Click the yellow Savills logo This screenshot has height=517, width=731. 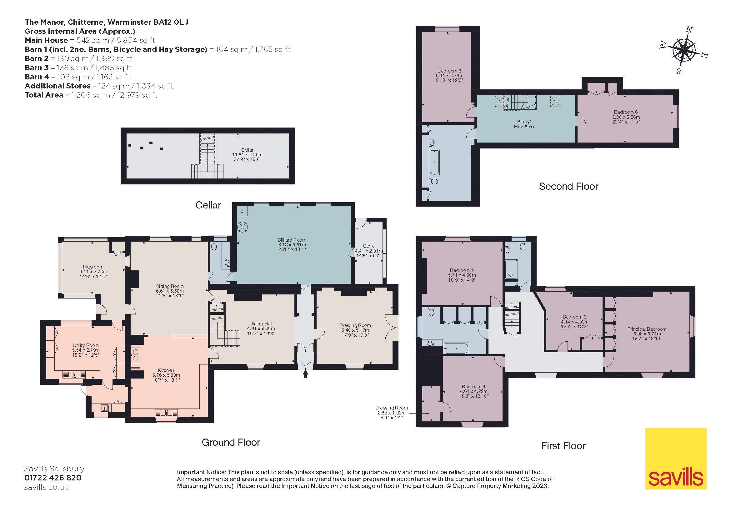(676, 459)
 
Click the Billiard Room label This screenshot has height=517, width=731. (292, 240)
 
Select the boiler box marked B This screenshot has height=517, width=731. (242, 211)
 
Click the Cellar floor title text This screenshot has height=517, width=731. (208, 205)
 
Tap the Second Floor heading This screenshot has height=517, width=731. (568, 187)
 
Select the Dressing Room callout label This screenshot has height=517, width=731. (391, 408)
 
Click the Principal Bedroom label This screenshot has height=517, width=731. (647, 329)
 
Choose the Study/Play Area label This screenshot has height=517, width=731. (524, 124)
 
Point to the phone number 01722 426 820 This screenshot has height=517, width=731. (53, 478)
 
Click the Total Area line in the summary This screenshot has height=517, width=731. (91, 95)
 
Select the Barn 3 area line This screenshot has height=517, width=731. (78, 68)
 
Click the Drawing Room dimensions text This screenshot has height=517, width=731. (355, 332)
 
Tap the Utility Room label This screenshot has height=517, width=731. (86, 345)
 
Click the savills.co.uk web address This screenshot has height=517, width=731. (46, 487)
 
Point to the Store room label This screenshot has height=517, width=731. (369, 246)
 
